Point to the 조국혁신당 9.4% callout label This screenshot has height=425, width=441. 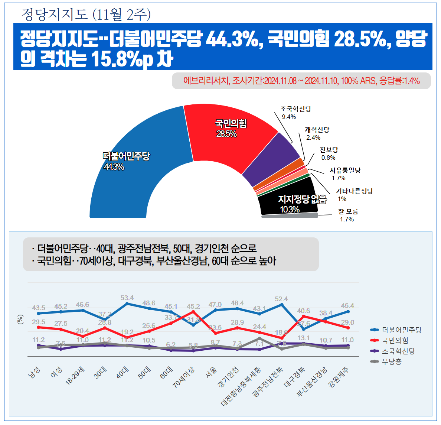(x=295, y=113)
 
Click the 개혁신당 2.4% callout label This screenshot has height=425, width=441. (x=317, y=133)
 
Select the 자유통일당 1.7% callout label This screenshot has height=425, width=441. (x=345, y=174)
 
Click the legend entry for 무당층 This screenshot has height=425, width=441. (x=392, y=361)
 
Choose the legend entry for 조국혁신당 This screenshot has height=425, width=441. (x=398, y=351)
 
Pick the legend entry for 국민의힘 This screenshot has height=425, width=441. (x=395, y=340)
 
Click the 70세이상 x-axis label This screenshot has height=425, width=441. (x=184, y=377)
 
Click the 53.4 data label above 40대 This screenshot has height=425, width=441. (x=127, y=298)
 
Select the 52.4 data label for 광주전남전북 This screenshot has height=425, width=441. (x=281, y=299)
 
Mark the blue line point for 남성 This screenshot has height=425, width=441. (x=39, y=314)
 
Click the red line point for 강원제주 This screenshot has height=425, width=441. (x=348, y=328)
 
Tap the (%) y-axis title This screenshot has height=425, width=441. (x=20, y=319)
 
